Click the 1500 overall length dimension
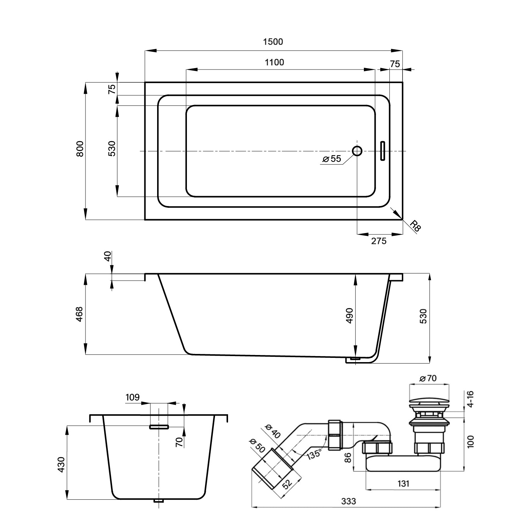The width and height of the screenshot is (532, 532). coord(273,42)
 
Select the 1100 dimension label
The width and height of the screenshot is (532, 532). coord(275,62)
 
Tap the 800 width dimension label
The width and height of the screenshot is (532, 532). coord(80,149)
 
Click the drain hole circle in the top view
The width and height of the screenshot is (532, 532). coord(357,151)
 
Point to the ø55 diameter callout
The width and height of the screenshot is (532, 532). coord(332,159)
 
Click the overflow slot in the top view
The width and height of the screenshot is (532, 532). coord(382,151)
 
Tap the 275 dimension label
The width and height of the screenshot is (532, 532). coord(378,241)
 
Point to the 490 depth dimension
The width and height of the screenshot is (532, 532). coord(350,315)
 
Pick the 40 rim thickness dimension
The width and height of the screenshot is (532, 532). coord(108,256)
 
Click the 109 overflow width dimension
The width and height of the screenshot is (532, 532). coord(132,397)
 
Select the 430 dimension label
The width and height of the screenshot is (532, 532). coord(61,465)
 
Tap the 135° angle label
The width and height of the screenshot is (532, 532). coord(314,454)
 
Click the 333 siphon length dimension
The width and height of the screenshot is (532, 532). coord(348,501)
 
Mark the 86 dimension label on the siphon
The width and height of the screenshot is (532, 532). coord(348,458)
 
